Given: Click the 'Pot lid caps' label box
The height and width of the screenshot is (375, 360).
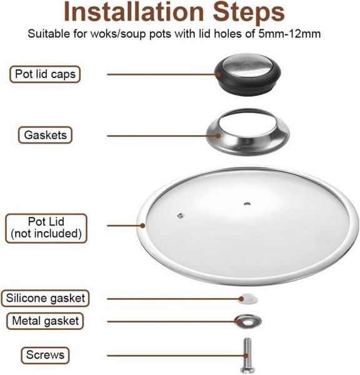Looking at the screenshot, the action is (x=45, y=74).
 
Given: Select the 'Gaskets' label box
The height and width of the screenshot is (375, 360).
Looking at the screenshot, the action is (x=45, y=135).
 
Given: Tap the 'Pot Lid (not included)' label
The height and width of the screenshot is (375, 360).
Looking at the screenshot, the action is (x=46, y=228).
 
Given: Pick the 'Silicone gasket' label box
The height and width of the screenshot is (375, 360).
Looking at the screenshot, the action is (x=45, y=298).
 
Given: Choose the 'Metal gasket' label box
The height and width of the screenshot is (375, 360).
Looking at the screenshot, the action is (x=45, y=321).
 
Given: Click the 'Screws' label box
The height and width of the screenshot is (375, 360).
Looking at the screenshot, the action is (x=45, y=355).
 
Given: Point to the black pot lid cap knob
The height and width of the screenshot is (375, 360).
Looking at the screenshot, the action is (x=247, y=74).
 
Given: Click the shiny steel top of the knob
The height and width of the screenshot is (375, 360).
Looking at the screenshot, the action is (x=247, y=64).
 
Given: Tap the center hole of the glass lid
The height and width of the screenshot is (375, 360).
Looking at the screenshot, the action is (x=247, y=204).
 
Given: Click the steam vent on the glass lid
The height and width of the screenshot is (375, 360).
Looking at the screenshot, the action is (x=181, y=216).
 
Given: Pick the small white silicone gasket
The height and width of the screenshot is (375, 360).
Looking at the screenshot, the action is (x=248, y=299).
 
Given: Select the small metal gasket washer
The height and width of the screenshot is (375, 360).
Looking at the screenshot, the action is (x=248, y=321).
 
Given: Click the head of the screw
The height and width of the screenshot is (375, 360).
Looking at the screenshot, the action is (x=247, y=369).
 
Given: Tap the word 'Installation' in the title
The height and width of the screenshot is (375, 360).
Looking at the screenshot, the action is (x=134, y=11).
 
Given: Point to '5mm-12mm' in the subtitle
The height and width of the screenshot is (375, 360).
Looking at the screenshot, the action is (x=289, y=34).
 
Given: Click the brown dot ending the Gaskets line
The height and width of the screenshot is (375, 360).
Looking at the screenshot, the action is (x=218, y=136).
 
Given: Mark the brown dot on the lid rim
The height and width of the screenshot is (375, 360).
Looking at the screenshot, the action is (x=142, y=225).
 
